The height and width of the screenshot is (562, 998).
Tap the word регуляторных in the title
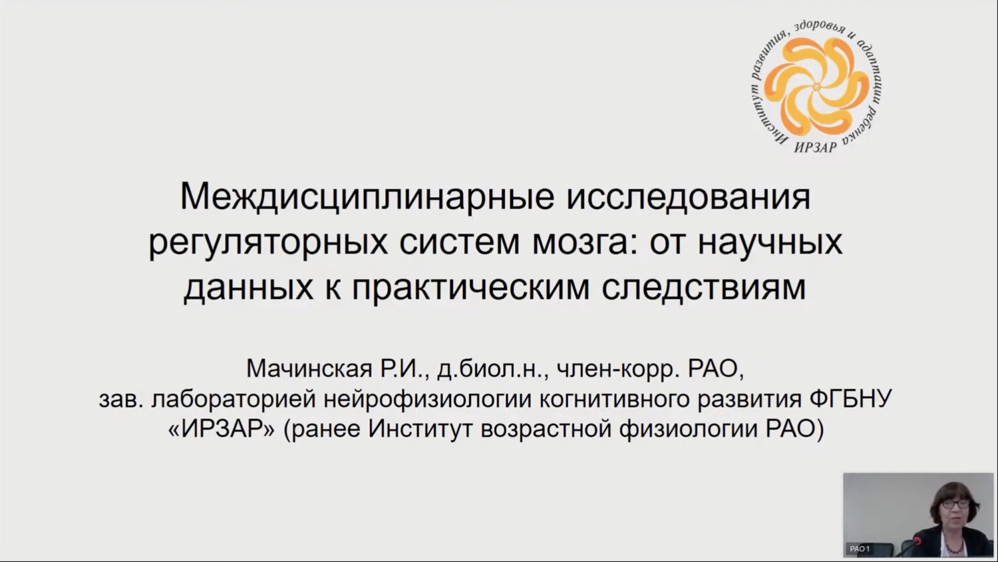(x=267, y=244)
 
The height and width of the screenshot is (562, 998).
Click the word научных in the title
(x=770, y=244)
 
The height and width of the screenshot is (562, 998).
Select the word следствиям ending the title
(x=704, y=288)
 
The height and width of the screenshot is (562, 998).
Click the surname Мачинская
(x=309, y=369)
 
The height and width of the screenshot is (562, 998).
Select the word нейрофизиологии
(x=427, y=400)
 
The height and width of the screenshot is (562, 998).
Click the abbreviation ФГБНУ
(x=850, y=398)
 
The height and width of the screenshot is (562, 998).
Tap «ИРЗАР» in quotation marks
(x=222, y=429)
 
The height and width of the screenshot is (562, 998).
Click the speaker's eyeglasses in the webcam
(x=955, y=504)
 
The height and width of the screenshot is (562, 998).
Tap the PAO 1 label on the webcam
(x=860, y=549)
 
